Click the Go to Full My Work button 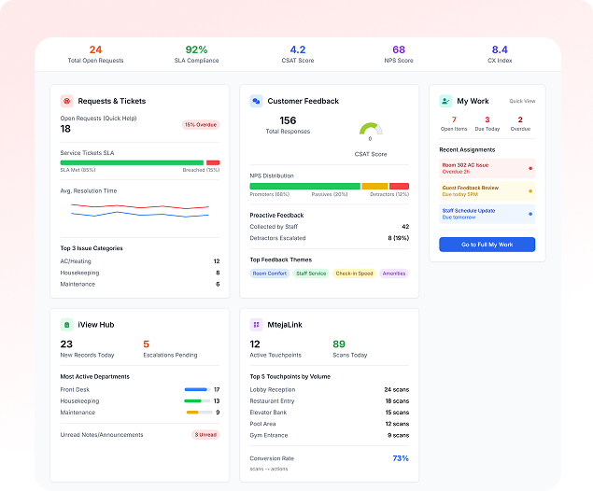pyautogui.click(x=487, y=245)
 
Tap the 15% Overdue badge pyautogui.click(x=201, y=124)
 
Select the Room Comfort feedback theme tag pyautogui.click(x=269, y=274)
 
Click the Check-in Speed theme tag pyautogui.click(x=354, y=274)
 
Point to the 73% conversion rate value pyautogui.click(x=400, y=458)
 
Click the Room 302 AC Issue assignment pyautogui.click(x=487, y=168)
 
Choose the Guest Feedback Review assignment pyautogui.click(x=487, y=190)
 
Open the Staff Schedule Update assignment pyautogui.click(x=487, y=214)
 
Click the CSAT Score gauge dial pyautogui.click(x=371, y=130)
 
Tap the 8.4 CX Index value pyautogui.click(x=500, y=49)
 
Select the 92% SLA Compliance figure pyautogui.click(x=196, y=49)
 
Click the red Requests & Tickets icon pyautogui.click(x=66, y=101)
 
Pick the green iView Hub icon pyautogui.click(x=66, y=325)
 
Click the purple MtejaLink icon pyautogui.click(x=256, y=325)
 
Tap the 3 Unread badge pyautogui.click(x=205, y=435)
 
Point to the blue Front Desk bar pyautogui.click(x=196, y=389)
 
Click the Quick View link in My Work pyautogui.click(x=522, y=101)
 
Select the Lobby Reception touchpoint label pyautogui.click(x=272, y=389)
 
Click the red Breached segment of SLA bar pyautogui.click(x=213, y=162)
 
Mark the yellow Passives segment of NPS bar pyautogui.click(x=374, y=187)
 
